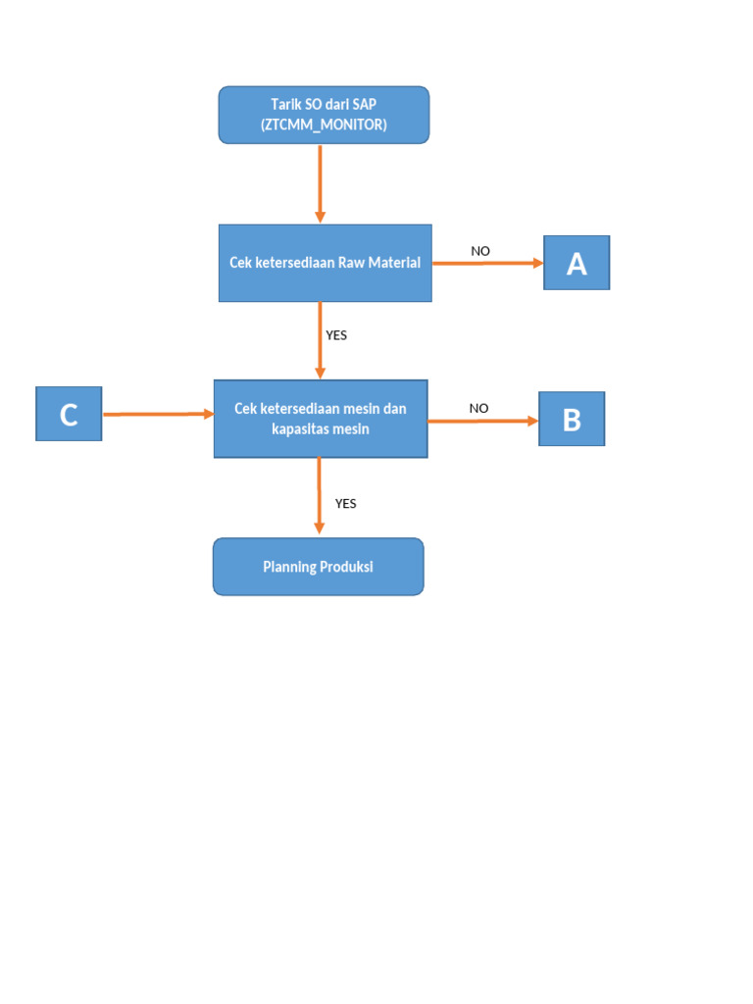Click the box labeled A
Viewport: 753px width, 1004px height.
pos(577,263)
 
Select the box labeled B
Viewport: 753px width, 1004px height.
pos(572,419)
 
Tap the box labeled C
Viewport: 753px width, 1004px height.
pos(69,414)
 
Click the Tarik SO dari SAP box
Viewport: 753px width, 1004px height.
pos(324,115)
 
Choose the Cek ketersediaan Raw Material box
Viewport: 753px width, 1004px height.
pos(325,263)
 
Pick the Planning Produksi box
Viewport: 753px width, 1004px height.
pos(319,567)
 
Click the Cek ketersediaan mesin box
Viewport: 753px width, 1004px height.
pos(321,419)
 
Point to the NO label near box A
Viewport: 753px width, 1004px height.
pos(480,251)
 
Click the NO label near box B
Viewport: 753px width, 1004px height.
pos(478,408)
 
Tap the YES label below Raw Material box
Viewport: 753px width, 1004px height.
pos(336,334)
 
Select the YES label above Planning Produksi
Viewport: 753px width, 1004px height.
pos(345,503)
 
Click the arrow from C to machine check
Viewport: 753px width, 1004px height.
pos(158,415)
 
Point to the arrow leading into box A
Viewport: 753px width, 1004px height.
pos(487,263)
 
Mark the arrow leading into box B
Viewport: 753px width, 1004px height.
pos(482,421)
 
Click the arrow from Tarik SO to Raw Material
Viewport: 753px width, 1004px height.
pos(320,183)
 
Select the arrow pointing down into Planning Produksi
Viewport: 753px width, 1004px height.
pos(319,496)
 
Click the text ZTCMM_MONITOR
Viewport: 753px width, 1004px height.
pos(324,125)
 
